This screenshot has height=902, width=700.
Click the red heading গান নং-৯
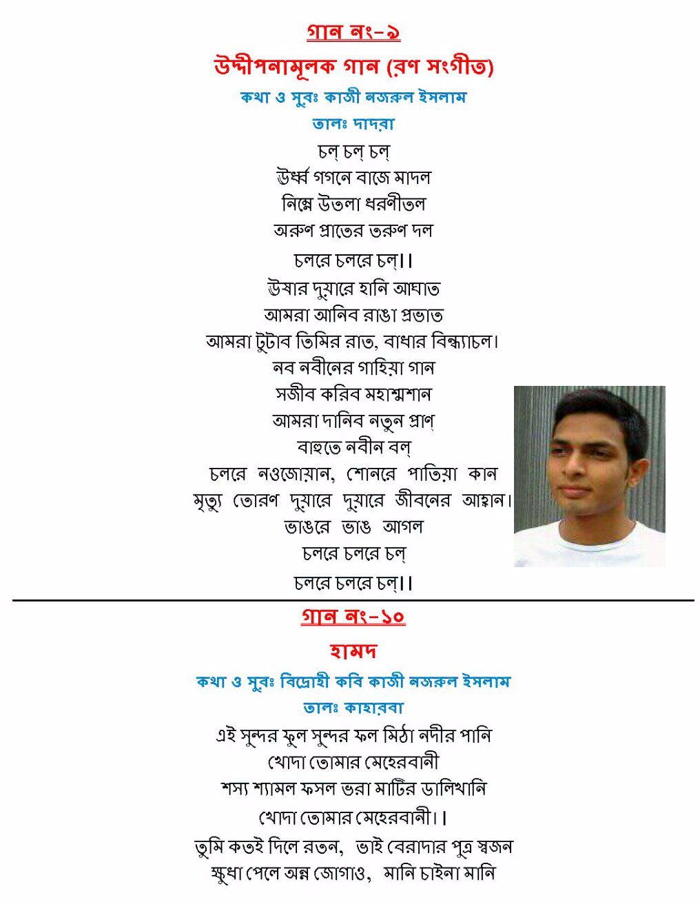tap(353, 33)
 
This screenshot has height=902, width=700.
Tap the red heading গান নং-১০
tap(353, 616)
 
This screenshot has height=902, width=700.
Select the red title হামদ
tap(353, 650)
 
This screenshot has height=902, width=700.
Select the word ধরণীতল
tap(395, 204)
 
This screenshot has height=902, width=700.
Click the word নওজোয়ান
tap(296, 474)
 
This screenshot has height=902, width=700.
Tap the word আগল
tap(402, 527)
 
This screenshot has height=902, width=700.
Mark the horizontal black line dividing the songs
tap(353, 600)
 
